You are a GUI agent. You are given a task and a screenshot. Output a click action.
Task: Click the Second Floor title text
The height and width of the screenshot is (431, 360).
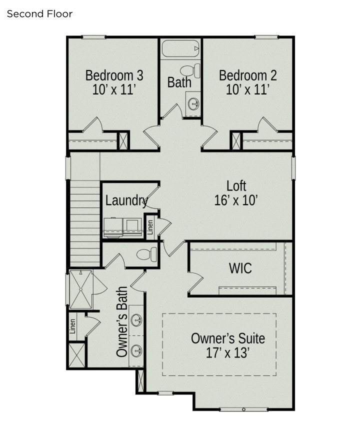click(x=39, y=14)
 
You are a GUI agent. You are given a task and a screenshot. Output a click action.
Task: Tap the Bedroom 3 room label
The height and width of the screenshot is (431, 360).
click(x=114, y=75)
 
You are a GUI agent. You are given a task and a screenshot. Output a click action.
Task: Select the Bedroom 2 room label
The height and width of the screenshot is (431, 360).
click(x=247, y=75)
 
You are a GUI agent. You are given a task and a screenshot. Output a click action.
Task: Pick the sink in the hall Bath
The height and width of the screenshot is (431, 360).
click(x=193, y=104)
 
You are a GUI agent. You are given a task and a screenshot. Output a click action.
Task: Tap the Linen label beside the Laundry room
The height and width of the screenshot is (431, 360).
click(x=150, y=227)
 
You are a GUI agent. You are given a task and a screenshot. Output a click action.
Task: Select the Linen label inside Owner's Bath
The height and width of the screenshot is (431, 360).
click(x=73, y=326)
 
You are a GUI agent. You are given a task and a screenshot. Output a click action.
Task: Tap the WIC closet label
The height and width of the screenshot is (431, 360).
click(x=240, y=268)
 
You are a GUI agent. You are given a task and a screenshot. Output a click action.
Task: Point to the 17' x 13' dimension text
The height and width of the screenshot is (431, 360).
click(x=227, y=353)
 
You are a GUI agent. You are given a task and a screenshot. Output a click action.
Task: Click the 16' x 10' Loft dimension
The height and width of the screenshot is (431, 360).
click(x=236, y=201)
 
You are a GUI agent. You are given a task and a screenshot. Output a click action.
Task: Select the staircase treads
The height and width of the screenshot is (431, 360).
click(x=85, y=223)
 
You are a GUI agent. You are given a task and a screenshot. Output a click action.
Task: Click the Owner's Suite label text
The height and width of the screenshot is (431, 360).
click(x=228, y=338)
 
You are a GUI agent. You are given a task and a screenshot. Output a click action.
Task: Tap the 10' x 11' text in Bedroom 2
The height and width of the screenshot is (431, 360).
click(x=247, y=90)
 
